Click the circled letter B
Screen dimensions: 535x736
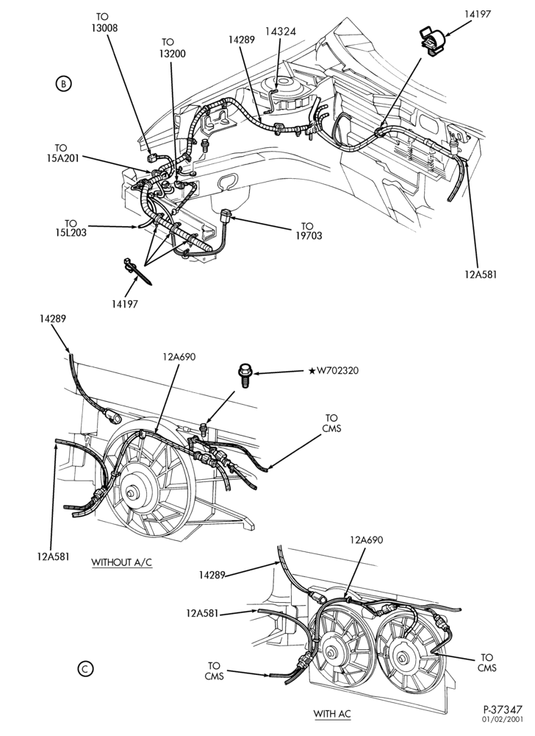[63, 84]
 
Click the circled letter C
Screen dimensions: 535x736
[85, 669]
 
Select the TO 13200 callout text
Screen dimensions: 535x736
[172, 48]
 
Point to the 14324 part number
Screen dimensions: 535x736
[280, 32]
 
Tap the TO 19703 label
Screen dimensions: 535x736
[309, 231]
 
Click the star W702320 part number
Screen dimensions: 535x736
[334, 371]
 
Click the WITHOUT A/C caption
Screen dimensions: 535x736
[121, 562]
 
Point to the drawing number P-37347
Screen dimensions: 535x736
[503, 710]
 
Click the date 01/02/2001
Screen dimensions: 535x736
[506, 719]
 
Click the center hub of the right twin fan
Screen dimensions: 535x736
[402, 657]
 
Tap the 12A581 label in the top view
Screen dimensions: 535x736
[480, 274]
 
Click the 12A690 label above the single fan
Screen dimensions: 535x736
[179, 357]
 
